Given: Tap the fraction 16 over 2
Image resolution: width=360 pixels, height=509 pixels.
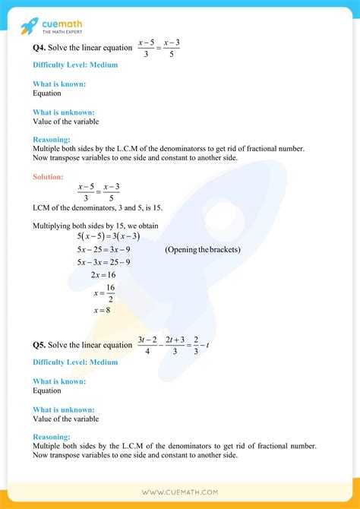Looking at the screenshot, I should (109, 292).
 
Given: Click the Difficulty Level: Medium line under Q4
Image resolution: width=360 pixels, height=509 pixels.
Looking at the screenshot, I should (75, 65).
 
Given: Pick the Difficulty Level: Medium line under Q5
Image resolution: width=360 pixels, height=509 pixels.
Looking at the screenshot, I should (75, 362).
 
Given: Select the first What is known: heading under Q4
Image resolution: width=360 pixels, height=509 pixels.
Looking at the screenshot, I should (59, 84).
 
